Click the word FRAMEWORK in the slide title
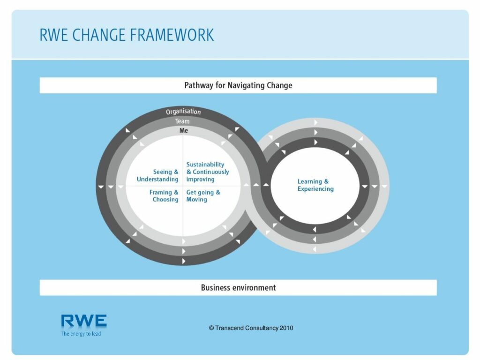tap(172, 35)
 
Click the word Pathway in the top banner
tap(198, 85)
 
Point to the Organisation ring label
tap(183, 112)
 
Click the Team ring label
tap(182, 121)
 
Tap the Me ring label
tap(184, 130)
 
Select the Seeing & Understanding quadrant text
tap(157, 175)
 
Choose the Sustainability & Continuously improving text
tap(208, 172)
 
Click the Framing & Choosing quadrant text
tap(164, 196)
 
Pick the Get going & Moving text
tap(203, 196)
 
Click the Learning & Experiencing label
tap(315, 185)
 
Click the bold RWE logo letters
tap(84, 321)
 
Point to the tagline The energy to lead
tap(81, 334)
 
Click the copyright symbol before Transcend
tap(211, 328)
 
